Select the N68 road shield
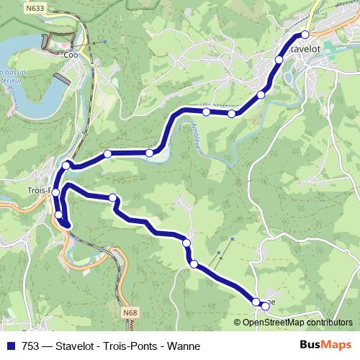coord(130,312)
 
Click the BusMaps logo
coord(326,345)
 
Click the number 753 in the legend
coord(31,345)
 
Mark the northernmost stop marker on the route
coord(305,35)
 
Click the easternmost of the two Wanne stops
coord(265,306)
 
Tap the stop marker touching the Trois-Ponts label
coord(55,192)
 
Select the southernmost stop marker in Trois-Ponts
coord(60,214)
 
